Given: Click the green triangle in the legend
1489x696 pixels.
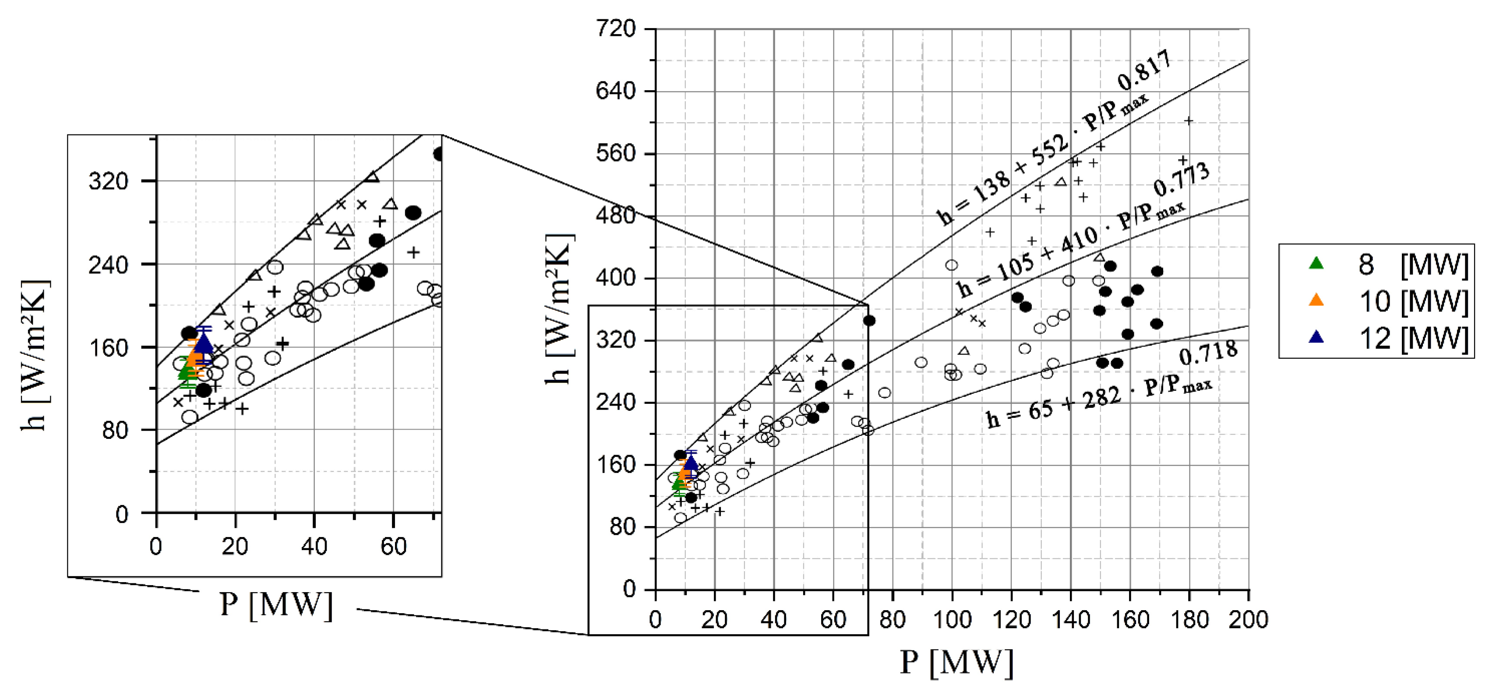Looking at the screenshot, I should point(1316,264).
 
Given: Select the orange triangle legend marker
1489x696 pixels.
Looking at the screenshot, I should point(1316,300).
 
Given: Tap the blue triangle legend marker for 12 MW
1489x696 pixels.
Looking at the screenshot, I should point(1316,337).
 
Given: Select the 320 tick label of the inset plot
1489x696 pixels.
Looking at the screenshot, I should point(108,181).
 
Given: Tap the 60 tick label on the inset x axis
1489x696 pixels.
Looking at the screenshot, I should point(393,546).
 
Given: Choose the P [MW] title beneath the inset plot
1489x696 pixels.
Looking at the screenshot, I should point(276,605).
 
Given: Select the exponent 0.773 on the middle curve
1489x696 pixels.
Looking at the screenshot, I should point(1181,179).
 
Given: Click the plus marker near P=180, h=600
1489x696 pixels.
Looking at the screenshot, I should point(1189,121).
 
